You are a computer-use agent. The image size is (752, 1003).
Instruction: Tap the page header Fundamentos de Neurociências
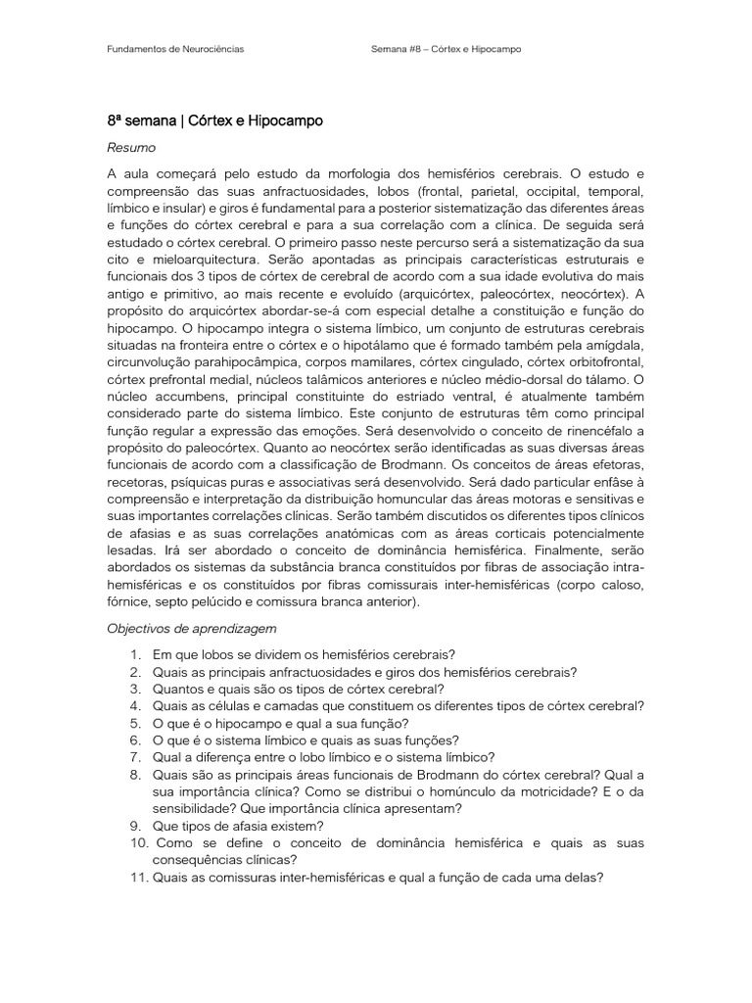[x=175, y=48]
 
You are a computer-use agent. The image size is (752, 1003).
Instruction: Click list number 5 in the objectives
[x=135, y=723]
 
